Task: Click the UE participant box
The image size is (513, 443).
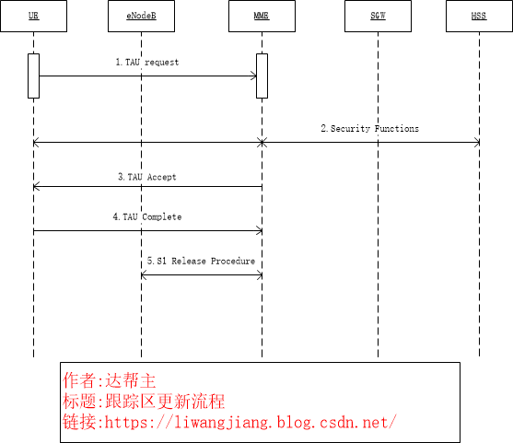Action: (33, 17)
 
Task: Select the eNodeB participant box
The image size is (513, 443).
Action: (141, 17)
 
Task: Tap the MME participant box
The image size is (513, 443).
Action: (262, 17)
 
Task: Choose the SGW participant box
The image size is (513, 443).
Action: (378, 17)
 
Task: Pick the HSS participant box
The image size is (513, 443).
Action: (479, 17)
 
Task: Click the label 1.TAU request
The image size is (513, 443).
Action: (147, 63)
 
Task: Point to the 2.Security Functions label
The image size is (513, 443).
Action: (369, 129)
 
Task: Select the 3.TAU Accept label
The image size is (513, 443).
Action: (147, 177)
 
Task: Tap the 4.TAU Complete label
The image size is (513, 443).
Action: (147, 217)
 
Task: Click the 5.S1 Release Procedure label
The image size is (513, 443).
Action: (201, 262)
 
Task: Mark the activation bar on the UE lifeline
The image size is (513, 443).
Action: (33, 76)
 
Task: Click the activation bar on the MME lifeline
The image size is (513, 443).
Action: (262, 76)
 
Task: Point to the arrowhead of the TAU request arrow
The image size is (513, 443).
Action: (253, 76)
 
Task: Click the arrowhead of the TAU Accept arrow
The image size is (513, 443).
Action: (36, 187)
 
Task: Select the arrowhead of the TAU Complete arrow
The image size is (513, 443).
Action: (259, 231)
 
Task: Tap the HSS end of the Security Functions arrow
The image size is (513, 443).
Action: (476, 143)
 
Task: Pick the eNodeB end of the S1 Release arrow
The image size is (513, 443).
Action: (144, 274)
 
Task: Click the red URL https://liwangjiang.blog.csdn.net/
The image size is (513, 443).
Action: (230, 422)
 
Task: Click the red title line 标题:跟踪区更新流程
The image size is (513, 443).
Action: (144, 401)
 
